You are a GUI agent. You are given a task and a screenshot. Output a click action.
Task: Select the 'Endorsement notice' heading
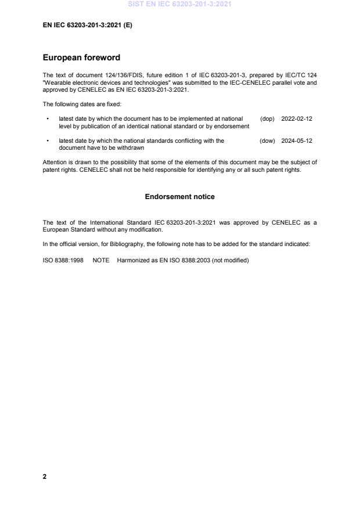(x=179, y=197)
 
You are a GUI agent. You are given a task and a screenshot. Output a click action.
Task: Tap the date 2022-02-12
(x=297, y=118)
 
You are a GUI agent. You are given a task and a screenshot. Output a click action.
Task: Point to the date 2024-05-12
(x=297, y=140)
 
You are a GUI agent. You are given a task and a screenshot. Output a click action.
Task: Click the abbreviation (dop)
(x=267, y=118)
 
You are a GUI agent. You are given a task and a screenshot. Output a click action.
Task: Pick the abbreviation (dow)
(x=267, y=140)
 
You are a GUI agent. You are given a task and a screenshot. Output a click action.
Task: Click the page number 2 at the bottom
(x=45, y=476)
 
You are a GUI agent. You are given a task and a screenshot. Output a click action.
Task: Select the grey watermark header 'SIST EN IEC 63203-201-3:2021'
(x=179, y=5)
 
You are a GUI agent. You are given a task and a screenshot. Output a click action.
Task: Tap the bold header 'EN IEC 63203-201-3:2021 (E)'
(x=88, y=26)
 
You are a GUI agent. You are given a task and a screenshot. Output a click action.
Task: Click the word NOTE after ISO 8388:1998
(x=101, y=260)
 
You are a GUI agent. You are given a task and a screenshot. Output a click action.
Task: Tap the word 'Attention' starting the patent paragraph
(x=55, y=162)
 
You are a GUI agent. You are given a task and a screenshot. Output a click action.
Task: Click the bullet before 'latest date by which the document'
(x=47, y=118)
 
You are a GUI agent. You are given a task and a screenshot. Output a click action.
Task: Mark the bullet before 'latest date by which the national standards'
(x=47, y=140)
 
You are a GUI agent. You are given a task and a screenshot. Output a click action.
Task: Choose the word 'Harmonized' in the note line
(x=134, y=260)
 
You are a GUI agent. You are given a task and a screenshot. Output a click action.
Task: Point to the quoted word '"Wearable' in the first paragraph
(x=56, y=82)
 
